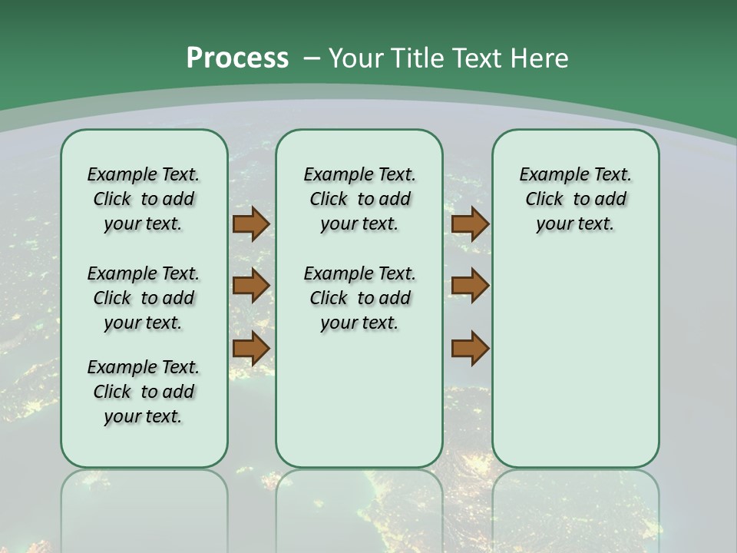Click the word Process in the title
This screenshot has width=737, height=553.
pos(237,58)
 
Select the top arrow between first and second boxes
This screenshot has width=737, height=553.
pos(250,224)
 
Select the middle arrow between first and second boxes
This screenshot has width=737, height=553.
pos(250,286)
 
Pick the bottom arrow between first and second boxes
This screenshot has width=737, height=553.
pos(250,348)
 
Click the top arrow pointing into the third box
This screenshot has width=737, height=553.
pos(470,224)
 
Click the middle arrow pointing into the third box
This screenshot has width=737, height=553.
pos(470,286)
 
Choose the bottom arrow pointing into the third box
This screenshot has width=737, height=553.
pos(470,348)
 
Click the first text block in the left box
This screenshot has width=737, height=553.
pos(144,199)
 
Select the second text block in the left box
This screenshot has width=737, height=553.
pos(144,298)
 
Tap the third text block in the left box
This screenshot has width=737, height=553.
pos(144,392)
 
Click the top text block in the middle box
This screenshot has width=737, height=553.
pos(359,199)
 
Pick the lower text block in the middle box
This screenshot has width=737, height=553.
pos(359,298)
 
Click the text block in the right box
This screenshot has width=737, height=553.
pos(575,199)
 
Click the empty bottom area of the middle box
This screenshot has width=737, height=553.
pos(359,399)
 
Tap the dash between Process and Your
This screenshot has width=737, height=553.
pos(312,58)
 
